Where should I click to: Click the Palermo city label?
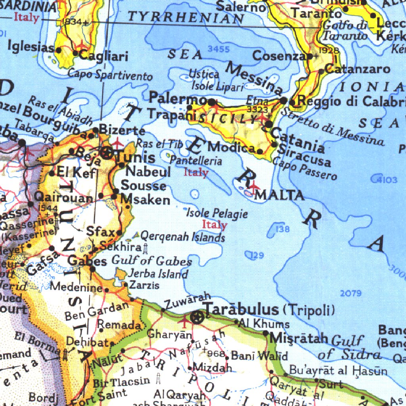(178, 98)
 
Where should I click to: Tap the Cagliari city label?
(103, 56)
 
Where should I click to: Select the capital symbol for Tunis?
(107, 153)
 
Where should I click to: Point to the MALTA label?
(280, 195)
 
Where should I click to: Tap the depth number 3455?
(218, 49)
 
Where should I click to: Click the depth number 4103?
(386, 180)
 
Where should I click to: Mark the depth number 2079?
(351, 293)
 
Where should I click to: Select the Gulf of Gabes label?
(151, 261)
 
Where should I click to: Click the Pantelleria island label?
(196, 161)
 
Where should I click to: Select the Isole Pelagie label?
(217, 214)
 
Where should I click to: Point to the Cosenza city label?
(279, 56)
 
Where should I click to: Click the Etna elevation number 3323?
(257, 108)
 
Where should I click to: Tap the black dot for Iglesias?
(59, 50)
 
